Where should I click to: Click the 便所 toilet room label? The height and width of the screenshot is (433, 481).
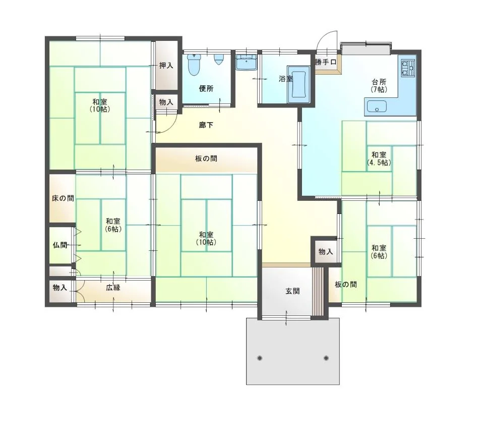coord(206,89)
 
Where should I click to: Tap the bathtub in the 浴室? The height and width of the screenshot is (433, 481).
coord(299,84)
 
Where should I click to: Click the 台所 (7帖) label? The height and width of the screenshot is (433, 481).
coord(379,86)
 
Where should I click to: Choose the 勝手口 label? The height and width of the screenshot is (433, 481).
coord(326,62)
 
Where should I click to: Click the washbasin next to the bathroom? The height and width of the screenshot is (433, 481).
coord(247,63)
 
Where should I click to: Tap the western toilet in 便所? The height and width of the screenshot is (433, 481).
coord(194,65)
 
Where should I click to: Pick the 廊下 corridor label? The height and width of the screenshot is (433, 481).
coord(206,125)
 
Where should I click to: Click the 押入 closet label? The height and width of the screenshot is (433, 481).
coord(166,66)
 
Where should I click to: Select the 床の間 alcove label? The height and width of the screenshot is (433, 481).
coord(63,198)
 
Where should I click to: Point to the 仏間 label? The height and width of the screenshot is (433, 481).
coord(60,245)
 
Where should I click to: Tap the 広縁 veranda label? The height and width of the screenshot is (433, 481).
coord(113,288)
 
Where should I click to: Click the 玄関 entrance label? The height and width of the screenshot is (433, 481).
coord(292,291)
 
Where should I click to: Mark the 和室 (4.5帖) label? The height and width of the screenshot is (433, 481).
coord(379,158)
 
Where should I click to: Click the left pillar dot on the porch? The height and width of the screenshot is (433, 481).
coord(260,358)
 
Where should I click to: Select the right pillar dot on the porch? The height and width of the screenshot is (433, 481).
coord(326,358)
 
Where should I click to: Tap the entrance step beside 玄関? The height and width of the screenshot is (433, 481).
coord(318,291)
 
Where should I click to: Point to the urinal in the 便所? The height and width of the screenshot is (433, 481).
coord(218,59)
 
